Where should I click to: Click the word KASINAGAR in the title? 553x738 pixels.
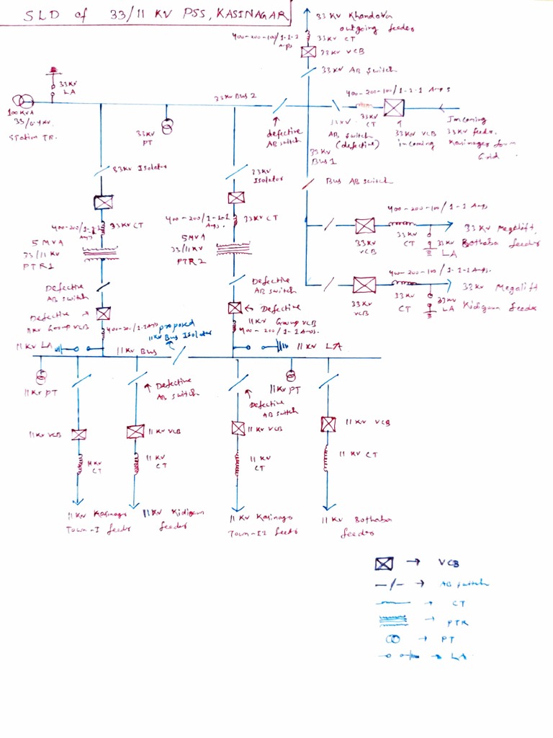click(x=248, y=15)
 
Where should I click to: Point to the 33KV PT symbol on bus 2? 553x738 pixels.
click(x=166, y=128)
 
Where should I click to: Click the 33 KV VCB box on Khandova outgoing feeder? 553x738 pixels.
click(x=308, y=52)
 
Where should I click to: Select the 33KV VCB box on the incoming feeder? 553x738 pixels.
click(x=393, y=108)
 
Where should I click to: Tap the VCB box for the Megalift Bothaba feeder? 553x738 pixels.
click(x=365, y=226)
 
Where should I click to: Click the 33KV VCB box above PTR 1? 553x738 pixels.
click(x=103, y=203)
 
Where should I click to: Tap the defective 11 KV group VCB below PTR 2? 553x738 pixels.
click(x=235, y=308)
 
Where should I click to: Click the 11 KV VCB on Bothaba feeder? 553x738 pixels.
click(x=328, y=424)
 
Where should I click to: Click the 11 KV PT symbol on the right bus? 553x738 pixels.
click(x=290, y=375)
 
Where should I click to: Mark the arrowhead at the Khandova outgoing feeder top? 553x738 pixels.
click(x=308, y=13)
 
